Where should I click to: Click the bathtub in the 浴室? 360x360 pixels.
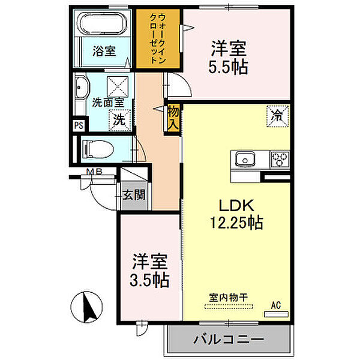click(x=102, y=23)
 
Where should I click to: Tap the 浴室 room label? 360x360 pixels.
click(x=104, y=51)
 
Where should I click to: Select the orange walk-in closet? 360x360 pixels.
click(x=158, y=38)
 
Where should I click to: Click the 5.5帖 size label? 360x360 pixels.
click(x=228, y=67)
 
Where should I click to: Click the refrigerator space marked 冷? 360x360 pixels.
click(x=277, y=116)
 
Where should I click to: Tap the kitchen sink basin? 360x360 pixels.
click(x=245, y=159)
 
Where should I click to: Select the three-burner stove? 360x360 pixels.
click(x=280, y=159)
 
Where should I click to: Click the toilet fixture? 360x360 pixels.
click(x=98, y=149)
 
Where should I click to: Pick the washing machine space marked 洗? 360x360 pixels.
click(x=119, y=121)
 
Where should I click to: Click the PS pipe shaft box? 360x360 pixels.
click(x=79, y=125)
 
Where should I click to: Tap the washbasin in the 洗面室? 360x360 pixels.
click(x=81, y=88)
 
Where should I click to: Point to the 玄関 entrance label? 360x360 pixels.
click(x=134, y=195)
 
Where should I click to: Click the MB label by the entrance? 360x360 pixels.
click(x=94, y=171)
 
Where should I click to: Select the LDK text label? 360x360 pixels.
click(x=236, y=205)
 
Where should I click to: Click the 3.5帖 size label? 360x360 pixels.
click(x=149, y=280)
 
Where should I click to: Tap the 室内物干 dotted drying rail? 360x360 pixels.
click(x=229, y=306)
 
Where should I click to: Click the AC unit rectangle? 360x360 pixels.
click(x=276, y=314)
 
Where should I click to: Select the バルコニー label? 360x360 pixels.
click(x=229, y=340)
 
